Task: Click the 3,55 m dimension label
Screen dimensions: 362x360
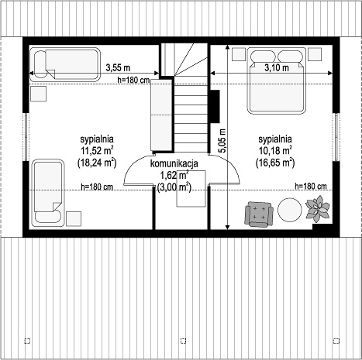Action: click(x=118, y=67)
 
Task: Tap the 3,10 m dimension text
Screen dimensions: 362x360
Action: click(x=277, y=68)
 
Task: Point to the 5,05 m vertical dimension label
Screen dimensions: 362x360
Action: click(x=222, y=141)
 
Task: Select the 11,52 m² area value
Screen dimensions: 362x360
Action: click(x=97, y=151)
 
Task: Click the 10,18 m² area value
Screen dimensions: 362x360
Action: click(x=275, y=151)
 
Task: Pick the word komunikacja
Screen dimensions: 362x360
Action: click(x=174, y=163)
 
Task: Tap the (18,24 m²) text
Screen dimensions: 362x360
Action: click(x=97, y=163)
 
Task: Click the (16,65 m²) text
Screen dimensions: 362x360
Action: click(x=275, y=163)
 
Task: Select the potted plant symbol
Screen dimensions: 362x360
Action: click(x=318, y=208)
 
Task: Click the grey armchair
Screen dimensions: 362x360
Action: click(x=259, y=213)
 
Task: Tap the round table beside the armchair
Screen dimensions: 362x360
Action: click(x=290, y=210)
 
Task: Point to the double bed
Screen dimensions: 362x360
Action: click(x=277, y=81)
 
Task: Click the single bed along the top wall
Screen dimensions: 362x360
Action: click(x=65, y=64)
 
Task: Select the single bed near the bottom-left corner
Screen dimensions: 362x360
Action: click(x=48, y=193)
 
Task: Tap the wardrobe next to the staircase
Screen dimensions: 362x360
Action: click(x=161, y=115)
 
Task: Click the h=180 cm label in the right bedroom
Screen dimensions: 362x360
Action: click(x=311, y=186)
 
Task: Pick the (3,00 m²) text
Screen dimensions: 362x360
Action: click(x=174, y=187)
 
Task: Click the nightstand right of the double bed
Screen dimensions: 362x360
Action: click(x=315, y=54)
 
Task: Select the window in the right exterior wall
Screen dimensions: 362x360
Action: click(x=336, y=137)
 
